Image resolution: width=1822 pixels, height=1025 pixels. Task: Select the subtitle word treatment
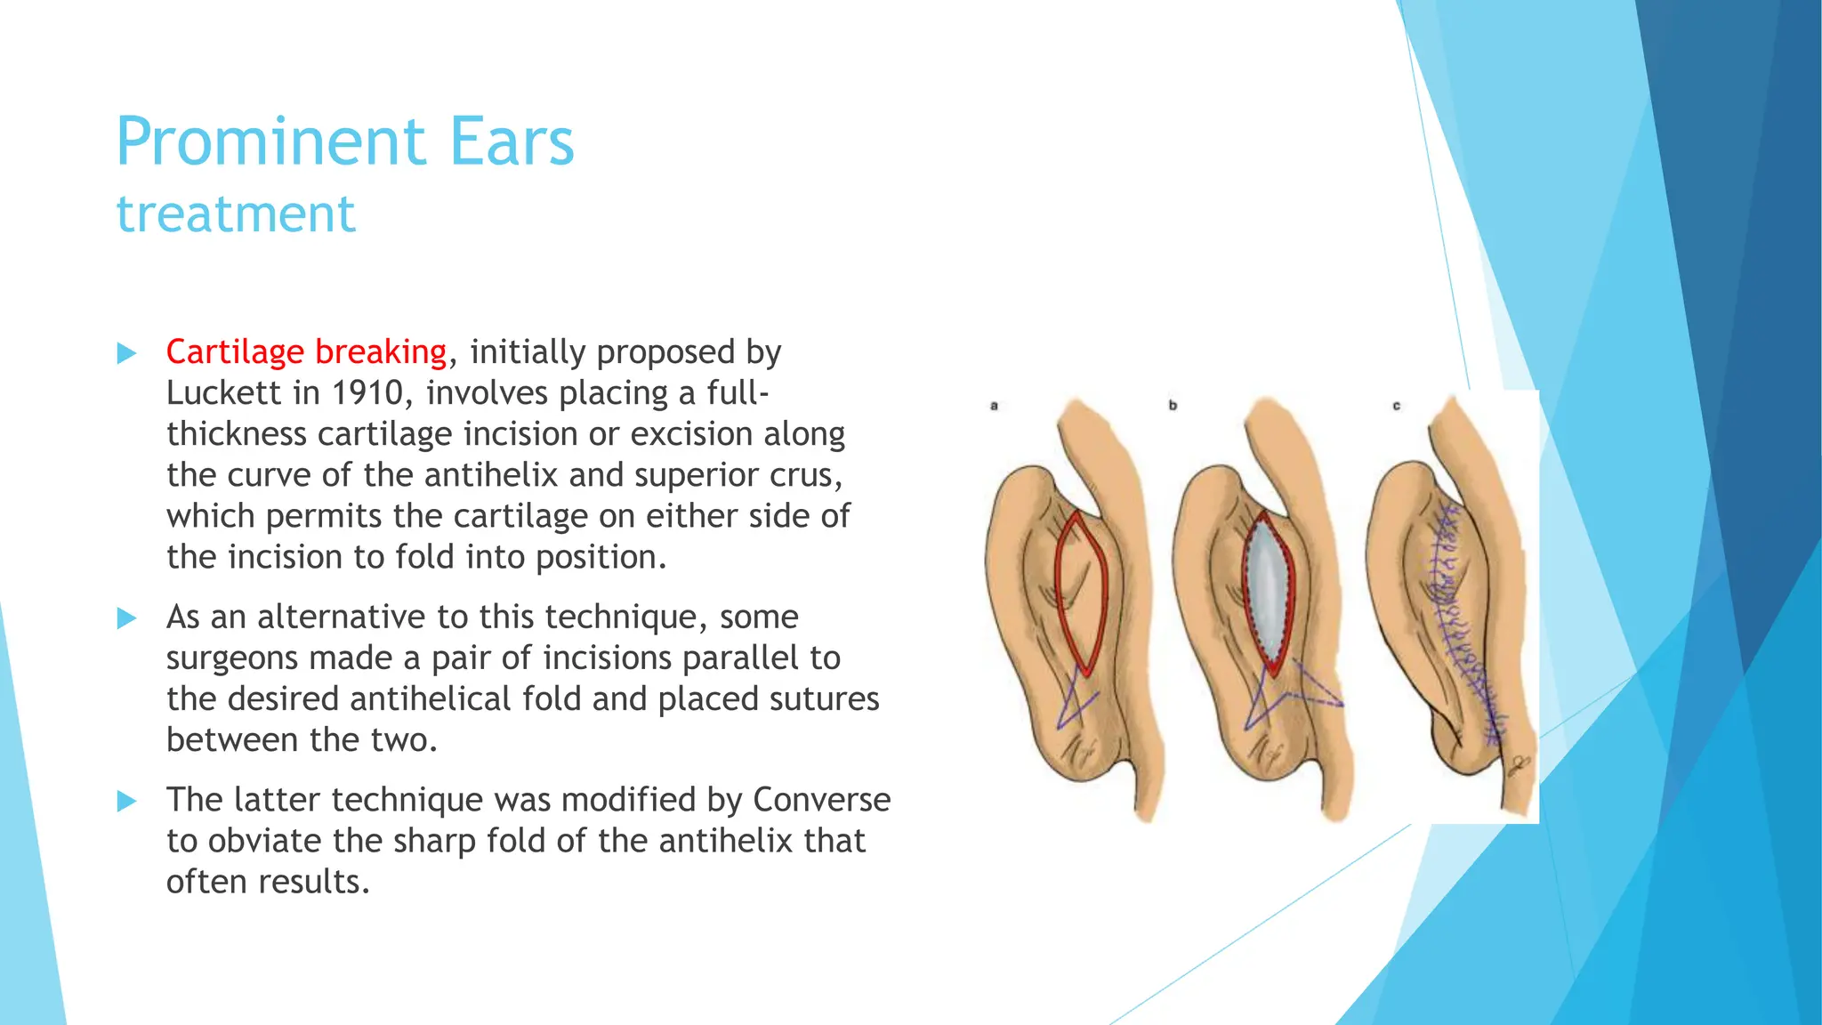pos(236,214)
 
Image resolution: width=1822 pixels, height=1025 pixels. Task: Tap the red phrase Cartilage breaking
pos(306,352)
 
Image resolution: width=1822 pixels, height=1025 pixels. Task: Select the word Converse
pos(821,800)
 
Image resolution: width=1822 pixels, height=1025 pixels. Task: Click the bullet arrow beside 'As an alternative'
pos(127,618)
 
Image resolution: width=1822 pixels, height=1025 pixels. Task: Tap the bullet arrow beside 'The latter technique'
pos(127,802)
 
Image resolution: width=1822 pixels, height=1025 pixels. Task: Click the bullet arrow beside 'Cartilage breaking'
pos(127,354)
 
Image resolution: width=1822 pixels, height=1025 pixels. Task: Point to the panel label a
pos(995,406)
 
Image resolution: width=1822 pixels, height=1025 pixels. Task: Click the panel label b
pos(1173,406)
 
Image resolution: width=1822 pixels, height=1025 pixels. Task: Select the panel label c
pos(1397,406)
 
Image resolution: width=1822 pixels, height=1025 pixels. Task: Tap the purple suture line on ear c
pos(1459,623)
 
